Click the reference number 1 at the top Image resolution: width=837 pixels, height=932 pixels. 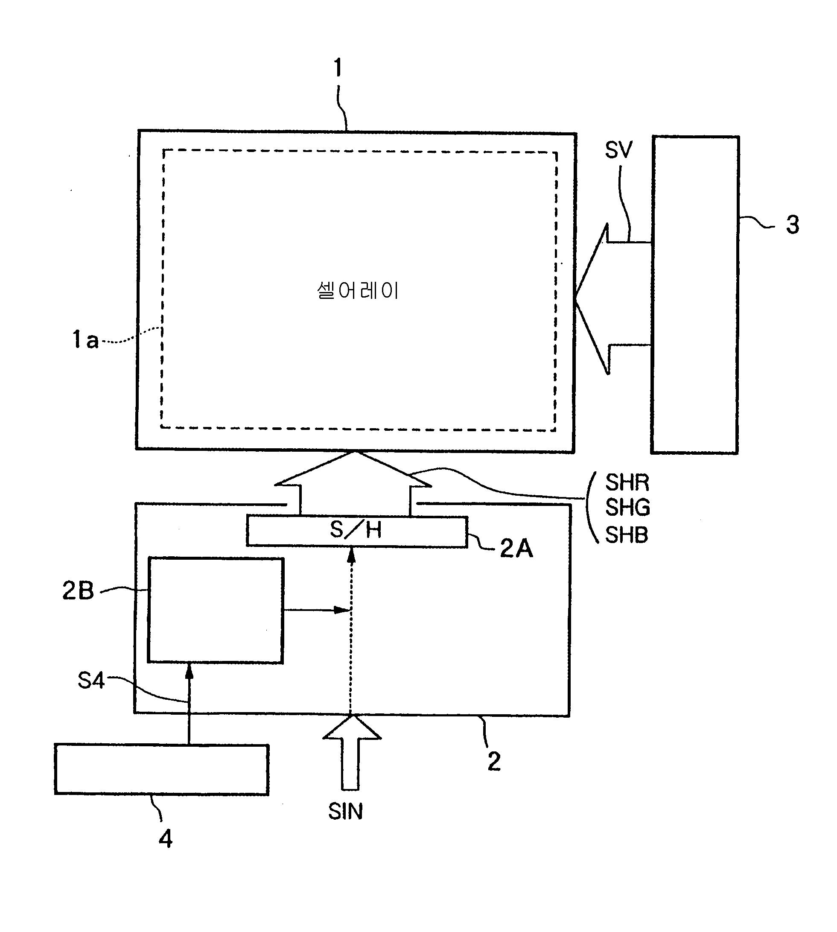point(338,68)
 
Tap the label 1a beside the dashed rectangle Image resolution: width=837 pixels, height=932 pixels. point(85,340)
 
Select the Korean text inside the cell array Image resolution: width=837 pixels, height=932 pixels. point(357,291)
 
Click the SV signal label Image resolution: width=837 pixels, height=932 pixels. point(618,150)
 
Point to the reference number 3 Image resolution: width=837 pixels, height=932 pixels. point(792,225)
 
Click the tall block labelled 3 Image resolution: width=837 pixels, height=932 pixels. point(695,295)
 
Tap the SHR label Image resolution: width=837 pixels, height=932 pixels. point(627,482)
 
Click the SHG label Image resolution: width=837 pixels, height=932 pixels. point(627,508)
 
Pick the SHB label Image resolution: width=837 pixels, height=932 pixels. point(627,535)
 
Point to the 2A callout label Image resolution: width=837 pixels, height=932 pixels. point(516,548)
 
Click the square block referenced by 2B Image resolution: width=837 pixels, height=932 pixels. point(215,611)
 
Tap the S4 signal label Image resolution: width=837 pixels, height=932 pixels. point(91,681)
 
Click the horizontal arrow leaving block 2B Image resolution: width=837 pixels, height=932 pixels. point(317,610)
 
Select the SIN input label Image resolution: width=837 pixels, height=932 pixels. point(345,812)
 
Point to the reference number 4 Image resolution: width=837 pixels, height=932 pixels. point(165,839)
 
